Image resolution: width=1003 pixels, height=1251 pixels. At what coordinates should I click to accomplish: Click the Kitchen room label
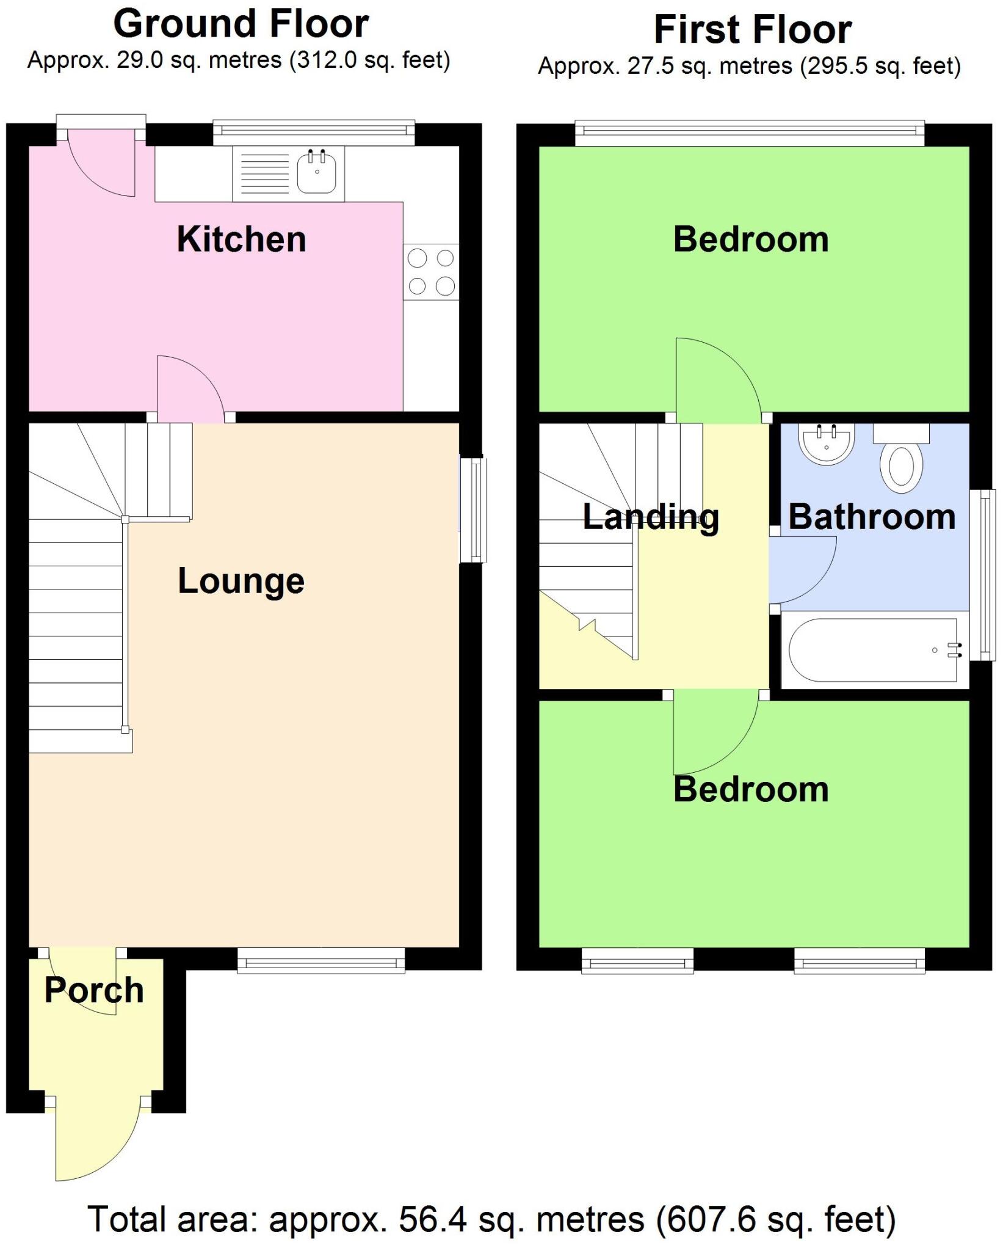click(241, 239)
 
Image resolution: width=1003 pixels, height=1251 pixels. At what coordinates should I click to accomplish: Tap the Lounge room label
click(241, 580)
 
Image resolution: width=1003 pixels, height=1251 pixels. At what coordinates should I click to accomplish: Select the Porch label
click(94, 990)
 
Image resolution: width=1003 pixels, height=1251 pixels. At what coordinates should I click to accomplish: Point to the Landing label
click(651, 517)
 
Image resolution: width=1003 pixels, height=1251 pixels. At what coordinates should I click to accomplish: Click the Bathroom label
click(872, 517)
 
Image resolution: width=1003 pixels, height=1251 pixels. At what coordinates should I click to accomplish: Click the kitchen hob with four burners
click(431, 272)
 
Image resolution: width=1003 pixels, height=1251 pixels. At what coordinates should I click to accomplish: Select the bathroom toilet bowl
click(901, 467)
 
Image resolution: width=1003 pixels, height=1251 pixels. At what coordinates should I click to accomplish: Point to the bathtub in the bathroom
click(873, 650)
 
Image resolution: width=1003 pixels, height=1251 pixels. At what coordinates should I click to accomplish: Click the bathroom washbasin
click(826, 443)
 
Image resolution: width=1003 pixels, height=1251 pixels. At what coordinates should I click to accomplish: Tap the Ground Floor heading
click(241, 24)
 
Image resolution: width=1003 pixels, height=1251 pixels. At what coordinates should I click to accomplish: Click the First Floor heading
click(752, 29)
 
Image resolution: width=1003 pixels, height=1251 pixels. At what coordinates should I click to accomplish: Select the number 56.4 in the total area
click(433, 1219)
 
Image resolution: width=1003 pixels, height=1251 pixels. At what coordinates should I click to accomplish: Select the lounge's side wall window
click(473, 510)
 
